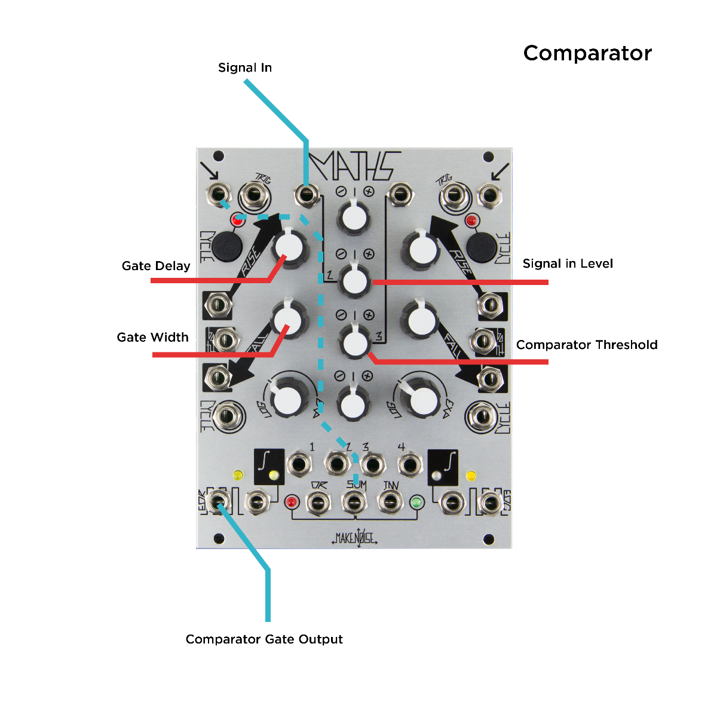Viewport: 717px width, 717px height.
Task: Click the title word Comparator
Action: [587, 53]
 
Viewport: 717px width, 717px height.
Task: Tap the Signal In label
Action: [245, 68]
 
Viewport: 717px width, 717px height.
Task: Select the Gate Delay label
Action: [156, 266]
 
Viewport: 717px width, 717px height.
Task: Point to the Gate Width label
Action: [153, 337]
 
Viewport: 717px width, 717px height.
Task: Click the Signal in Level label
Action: [568, 263]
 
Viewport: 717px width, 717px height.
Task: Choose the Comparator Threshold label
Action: [587, 345]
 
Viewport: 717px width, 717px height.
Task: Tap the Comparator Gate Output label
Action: [264, 639]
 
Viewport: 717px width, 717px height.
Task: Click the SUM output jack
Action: [354, 502]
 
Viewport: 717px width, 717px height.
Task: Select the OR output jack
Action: [318, 502]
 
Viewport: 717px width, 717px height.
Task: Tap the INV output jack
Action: [390, 502]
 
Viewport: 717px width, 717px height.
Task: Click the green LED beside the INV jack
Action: [416, 502]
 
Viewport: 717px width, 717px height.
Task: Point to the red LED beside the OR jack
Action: [292, 502]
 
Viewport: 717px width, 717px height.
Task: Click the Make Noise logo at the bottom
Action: [355, 538]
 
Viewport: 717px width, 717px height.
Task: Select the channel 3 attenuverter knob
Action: [354, 342]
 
